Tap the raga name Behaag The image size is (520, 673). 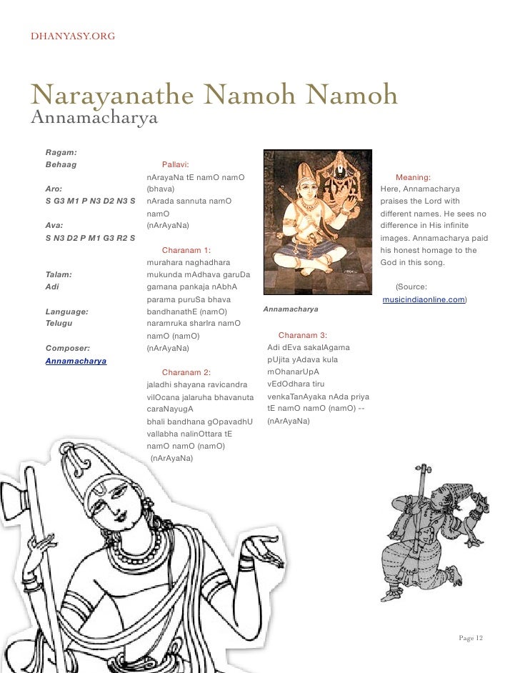tap(61, 164)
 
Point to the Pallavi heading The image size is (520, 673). tap(175, 164)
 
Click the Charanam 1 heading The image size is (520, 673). tap(186, 251)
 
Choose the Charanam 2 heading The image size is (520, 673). tap(186, 372)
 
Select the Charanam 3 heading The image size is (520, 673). tap(302, 335)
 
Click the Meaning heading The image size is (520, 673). tap(412, 176)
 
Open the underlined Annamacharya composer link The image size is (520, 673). tap(76, 362)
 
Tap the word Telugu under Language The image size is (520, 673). tap(60, 324)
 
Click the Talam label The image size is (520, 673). tap(58, 274)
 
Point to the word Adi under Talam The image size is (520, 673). tap(51, 286)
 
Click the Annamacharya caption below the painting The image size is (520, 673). tap(291, 311)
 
